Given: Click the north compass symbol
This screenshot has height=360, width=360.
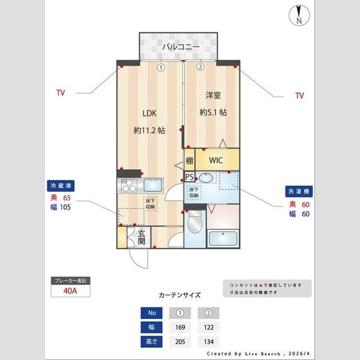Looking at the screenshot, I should pyautogui.click(x=298, y=15).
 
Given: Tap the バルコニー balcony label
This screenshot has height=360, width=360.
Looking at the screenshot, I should pyautogui.click(x=181, y=46).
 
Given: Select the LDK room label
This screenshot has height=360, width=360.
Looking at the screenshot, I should pyautogui.click(x=149, y=112).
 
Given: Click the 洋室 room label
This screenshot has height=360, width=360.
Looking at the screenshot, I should pyautogui.click(x=212, y=95).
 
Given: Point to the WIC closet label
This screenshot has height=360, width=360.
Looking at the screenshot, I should pyautogui.click(x=217, y=161).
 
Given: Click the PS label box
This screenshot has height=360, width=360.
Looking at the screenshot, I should pyautogui.click(x=189, y=177).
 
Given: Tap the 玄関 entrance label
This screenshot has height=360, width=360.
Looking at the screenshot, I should pyautogui.click(x=142, y=238).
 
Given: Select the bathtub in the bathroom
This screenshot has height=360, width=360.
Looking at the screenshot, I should pyautogui.click(x=224, y=238).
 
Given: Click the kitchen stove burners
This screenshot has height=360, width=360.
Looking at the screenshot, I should pyautogui.click(x=129, y=186).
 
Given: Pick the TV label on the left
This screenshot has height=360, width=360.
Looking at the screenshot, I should pyautogui.click(x=60, y=93).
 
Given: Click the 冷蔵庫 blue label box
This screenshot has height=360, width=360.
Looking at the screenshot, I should pyautogui.click(x=60, y=186).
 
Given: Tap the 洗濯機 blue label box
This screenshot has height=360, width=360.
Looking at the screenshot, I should pyautogui.click(x=298, y=191).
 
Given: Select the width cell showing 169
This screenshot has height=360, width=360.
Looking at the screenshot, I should pyautogui.click(x=179, y=327).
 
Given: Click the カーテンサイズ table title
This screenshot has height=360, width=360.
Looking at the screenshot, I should pyautogui.click(x=179, y=295).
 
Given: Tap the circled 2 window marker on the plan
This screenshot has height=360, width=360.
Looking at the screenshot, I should pyautogui.click(x=200, y=67).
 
